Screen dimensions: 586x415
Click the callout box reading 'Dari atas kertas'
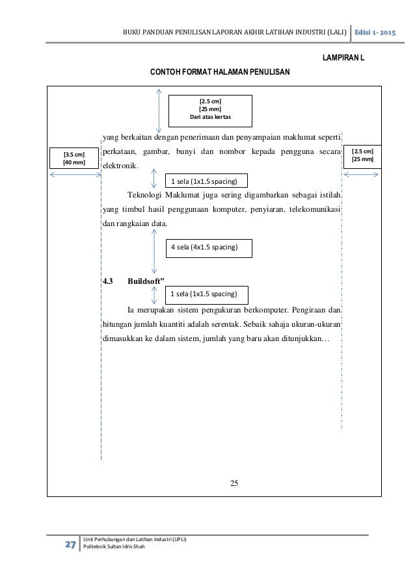point(209,110)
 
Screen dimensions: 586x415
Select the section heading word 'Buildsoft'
point(145,282)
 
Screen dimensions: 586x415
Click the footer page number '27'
point(67,544)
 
